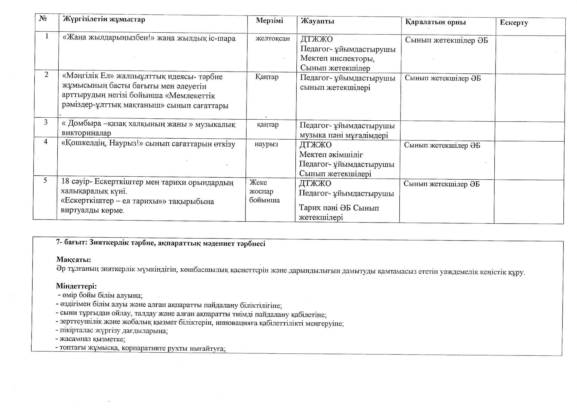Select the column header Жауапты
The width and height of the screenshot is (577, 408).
(317, 21)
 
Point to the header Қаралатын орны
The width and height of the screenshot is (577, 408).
(436, 22)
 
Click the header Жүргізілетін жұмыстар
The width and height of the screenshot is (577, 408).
(104, 19)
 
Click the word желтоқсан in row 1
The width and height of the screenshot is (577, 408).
(273, 38)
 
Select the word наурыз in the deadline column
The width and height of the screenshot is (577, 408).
(266, 144)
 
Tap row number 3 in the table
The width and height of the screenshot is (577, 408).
(46, 122)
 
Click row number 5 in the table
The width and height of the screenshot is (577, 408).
(45, 180)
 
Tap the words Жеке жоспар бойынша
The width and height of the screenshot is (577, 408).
(264, 191)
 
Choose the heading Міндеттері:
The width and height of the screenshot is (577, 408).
(76, 286)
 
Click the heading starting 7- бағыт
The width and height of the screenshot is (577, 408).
(160, 243)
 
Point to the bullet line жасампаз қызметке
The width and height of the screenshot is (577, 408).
(91, 339)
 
